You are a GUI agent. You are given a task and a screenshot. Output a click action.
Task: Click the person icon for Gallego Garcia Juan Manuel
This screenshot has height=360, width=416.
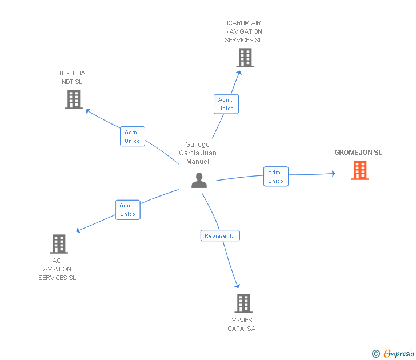199,181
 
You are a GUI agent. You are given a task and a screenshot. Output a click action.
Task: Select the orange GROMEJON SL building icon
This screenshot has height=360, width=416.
360,170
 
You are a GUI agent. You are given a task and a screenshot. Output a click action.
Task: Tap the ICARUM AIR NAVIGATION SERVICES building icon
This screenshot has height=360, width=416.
245,58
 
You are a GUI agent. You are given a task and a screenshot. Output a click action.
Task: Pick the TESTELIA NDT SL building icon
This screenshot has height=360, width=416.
74,99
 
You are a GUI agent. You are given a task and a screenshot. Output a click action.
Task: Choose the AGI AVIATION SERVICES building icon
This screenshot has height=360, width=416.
59,244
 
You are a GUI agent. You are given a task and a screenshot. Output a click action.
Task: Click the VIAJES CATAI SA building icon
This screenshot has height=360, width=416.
243,303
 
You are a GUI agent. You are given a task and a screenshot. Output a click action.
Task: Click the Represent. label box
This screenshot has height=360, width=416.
220,235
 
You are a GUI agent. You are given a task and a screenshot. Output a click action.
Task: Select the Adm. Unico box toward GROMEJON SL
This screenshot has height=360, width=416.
275,177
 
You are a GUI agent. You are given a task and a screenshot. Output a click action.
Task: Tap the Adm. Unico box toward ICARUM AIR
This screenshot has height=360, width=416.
226,104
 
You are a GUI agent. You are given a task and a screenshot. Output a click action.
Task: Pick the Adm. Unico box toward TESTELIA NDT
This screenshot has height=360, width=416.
133,137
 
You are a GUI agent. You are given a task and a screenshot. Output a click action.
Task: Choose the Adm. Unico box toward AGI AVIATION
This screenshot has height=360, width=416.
127,210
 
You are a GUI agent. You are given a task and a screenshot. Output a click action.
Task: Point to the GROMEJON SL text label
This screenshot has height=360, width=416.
358,153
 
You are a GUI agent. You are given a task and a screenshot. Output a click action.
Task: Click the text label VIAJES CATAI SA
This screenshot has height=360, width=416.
242,325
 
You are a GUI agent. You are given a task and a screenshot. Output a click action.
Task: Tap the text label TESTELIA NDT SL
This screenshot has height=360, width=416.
72,78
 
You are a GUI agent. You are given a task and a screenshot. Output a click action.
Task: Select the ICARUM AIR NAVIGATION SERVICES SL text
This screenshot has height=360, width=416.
243,31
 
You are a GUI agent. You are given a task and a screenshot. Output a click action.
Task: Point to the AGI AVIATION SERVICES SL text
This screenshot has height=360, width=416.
57,269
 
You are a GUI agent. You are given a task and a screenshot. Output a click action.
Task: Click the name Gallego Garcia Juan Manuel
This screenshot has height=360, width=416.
198,153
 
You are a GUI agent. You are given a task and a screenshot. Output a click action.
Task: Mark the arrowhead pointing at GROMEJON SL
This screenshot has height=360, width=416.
333,173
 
